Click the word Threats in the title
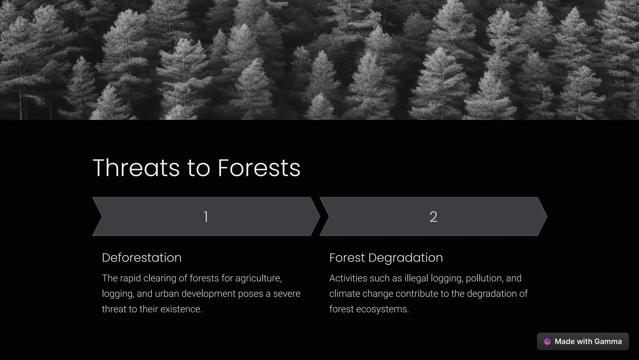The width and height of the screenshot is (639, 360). click(136, 168)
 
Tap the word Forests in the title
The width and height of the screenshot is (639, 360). click(259, 168)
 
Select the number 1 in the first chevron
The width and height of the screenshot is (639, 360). click(206, 216)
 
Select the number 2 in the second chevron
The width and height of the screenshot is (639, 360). click(433, 216)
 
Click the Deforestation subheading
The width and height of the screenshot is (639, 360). click(142, 258)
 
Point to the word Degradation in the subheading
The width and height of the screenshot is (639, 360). click(405, 258)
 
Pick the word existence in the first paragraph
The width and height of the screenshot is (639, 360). click(186, 309)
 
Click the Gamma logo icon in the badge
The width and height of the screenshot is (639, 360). click(547, 341)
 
